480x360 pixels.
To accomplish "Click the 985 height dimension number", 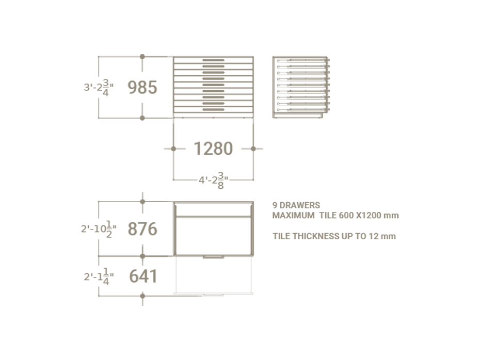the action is pyautogui.click(x=142, y=88).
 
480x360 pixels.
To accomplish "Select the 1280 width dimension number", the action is pyautogui.click(x=213, y=149).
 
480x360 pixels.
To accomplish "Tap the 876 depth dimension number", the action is pyautogui.click(x=142, y=229).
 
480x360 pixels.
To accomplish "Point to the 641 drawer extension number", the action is pyautogui.click(x=143, y=276).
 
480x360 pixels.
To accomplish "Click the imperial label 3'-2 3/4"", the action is pyautogui.click(x=99, y=88).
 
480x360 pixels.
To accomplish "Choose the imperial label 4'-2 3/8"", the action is pyautogui.click(x=213, y=181).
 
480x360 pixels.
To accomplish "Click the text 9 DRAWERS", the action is pyautogui.click(x=296, y=205).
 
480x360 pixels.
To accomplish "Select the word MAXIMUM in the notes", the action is pyautogui.click(x=293, y=216).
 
